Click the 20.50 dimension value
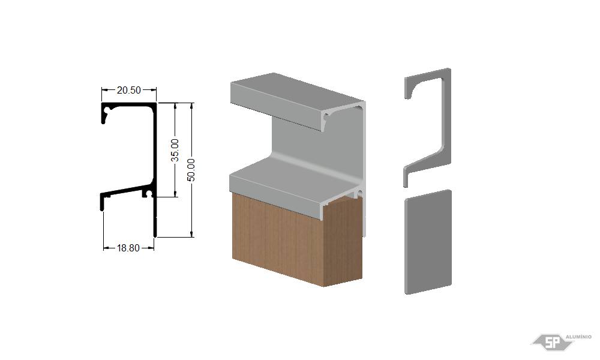click(128, 90)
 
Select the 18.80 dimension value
click(128, 248)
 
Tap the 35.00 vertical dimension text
click(175, 150)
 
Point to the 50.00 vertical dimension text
click(191, 170)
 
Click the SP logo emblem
click(552, 341)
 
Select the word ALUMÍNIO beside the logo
click(578, 337)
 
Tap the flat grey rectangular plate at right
click(428, 242)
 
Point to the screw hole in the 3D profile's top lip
click(326, 115)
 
